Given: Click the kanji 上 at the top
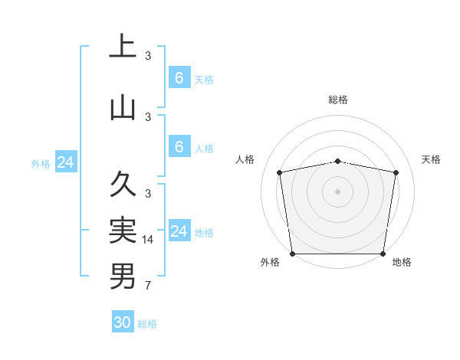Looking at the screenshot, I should [x=123, y=47].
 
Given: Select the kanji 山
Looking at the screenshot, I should [x=123, y=107].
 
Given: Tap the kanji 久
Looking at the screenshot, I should [x=123, y=184].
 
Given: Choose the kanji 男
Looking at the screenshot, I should [x=123, y=276].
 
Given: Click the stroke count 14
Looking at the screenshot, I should [x=148, y=240].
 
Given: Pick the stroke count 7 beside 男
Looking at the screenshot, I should [x=147, y=286].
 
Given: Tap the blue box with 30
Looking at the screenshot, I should [x=123, y=322].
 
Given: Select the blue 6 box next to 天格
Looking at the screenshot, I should [x=179, y=77].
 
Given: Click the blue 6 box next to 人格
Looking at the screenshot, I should [x=179, y=146].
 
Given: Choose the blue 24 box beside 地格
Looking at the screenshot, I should [x=179, y=231].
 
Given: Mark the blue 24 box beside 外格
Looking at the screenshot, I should [x=66, y=162].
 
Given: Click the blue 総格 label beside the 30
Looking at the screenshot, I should [x=147, y=324].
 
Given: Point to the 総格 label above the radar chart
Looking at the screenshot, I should [x=337, y=100].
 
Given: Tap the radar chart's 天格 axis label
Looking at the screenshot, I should [x=432, y=159].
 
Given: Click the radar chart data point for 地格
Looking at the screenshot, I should [x=383, y=254].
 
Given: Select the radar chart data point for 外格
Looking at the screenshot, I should [x=292, y=254].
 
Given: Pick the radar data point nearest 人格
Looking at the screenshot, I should [x=280, y=172].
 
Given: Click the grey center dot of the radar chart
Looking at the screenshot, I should [x=337, y=191].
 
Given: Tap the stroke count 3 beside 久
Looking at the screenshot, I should [x=147, y=193].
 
